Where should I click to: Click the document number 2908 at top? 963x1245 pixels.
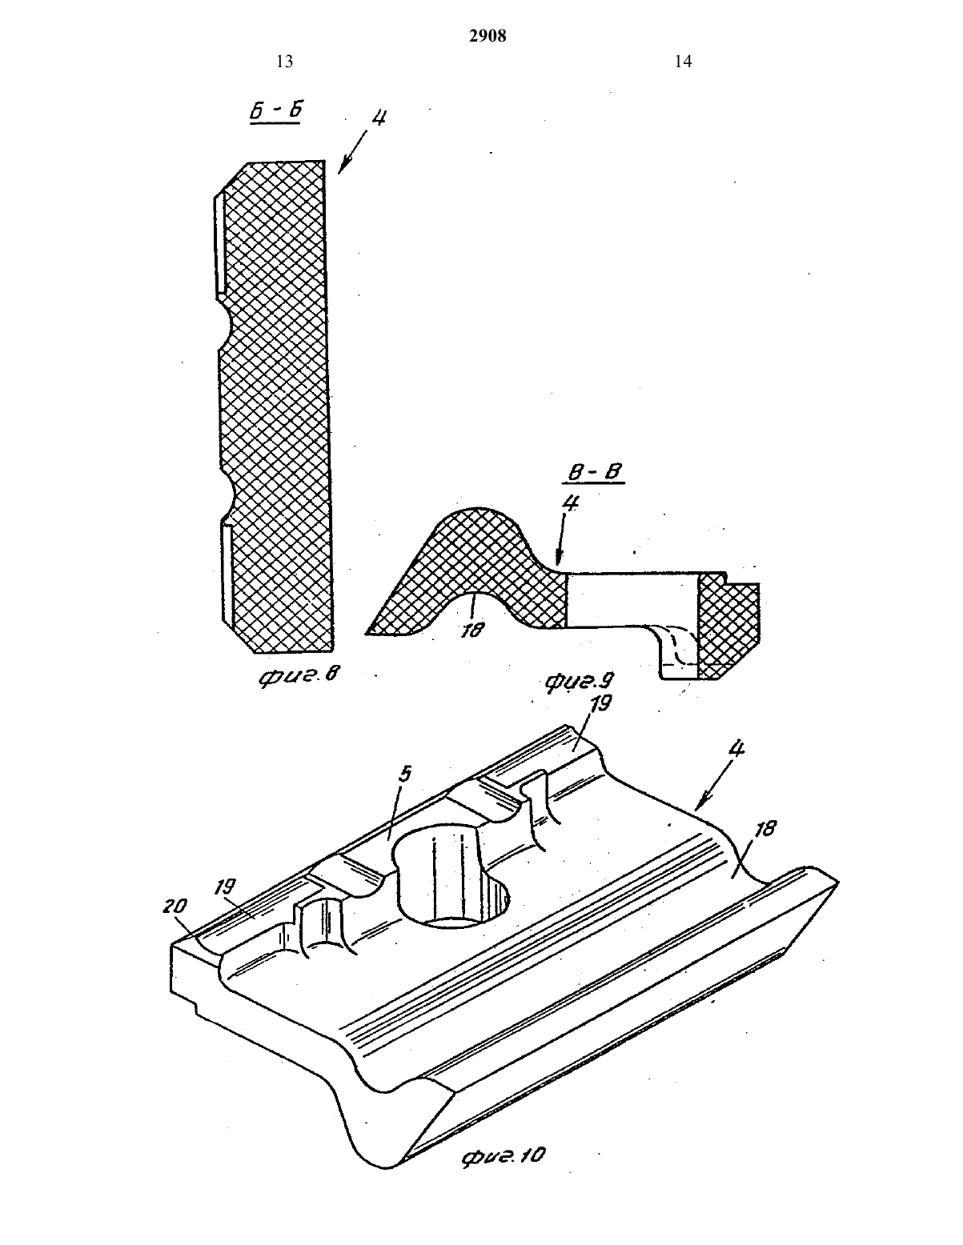[x=488, y=36]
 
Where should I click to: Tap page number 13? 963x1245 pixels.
[x=284, y=62]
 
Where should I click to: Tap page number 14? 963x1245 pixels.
[x=684, y=62]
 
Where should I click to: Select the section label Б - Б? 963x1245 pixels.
[x=276, y=111]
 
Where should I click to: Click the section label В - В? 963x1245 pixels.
[x=595, y=472]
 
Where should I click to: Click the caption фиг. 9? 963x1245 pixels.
[x=579, y=682]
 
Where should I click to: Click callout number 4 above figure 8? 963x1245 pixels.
[x=379, y=118]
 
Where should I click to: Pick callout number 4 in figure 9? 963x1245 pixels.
[x=571, y=503]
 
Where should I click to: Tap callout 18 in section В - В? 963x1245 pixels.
[x=473, y=631]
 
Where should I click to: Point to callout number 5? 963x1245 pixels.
[x=405, y=775]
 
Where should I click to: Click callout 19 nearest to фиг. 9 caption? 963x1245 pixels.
[x=600, y=703]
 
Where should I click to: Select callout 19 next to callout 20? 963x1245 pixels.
[x=225, y=887]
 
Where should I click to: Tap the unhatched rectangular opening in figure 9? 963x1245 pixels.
[x=632, y=600]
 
